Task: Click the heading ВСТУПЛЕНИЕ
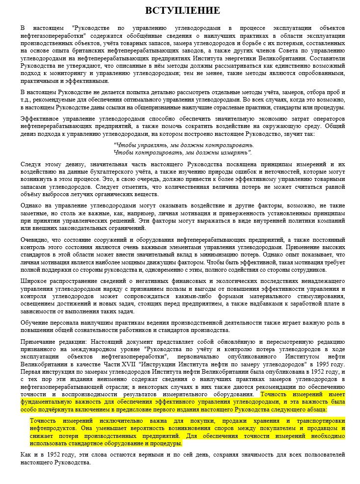[x=182, y=10]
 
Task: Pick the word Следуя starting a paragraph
[x=30, y=164]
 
